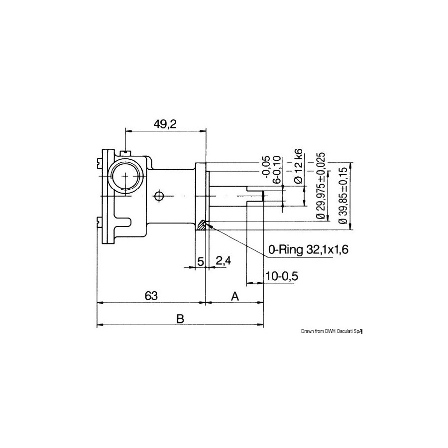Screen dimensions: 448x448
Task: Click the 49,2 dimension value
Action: point(165,124)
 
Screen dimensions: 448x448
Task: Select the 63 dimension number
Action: point(151,296)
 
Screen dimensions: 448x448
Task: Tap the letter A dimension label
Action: point(234,296)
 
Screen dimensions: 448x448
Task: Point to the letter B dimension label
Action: point(180,318)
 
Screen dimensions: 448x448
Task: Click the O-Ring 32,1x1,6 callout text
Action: point(308,250)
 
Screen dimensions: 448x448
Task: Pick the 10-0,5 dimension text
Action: point(282,276)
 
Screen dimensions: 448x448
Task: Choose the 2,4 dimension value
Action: point(224,261)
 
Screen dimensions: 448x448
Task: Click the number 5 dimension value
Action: point(201,261)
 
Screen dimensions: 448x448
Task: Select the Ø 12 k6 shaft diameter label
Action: point(298,166)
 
